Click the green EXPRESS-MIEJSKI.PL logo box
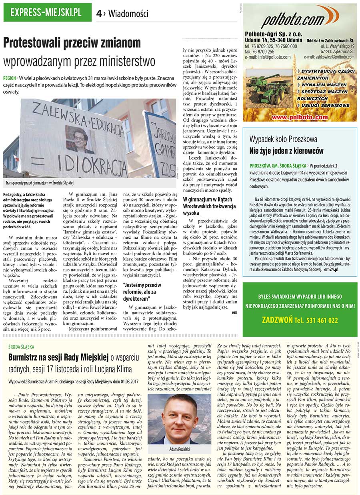point(47,12)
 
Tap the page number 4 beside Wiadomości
point(99,14)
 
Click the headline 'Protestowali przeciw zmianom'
point(72,43)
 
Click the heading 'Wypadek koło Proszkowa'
point(283,140)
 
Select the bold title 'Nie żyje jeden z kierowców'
point(286,151)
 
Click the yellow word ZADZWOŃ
point(277,320)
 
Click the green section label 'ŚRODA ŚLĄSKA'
point(21,347)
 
